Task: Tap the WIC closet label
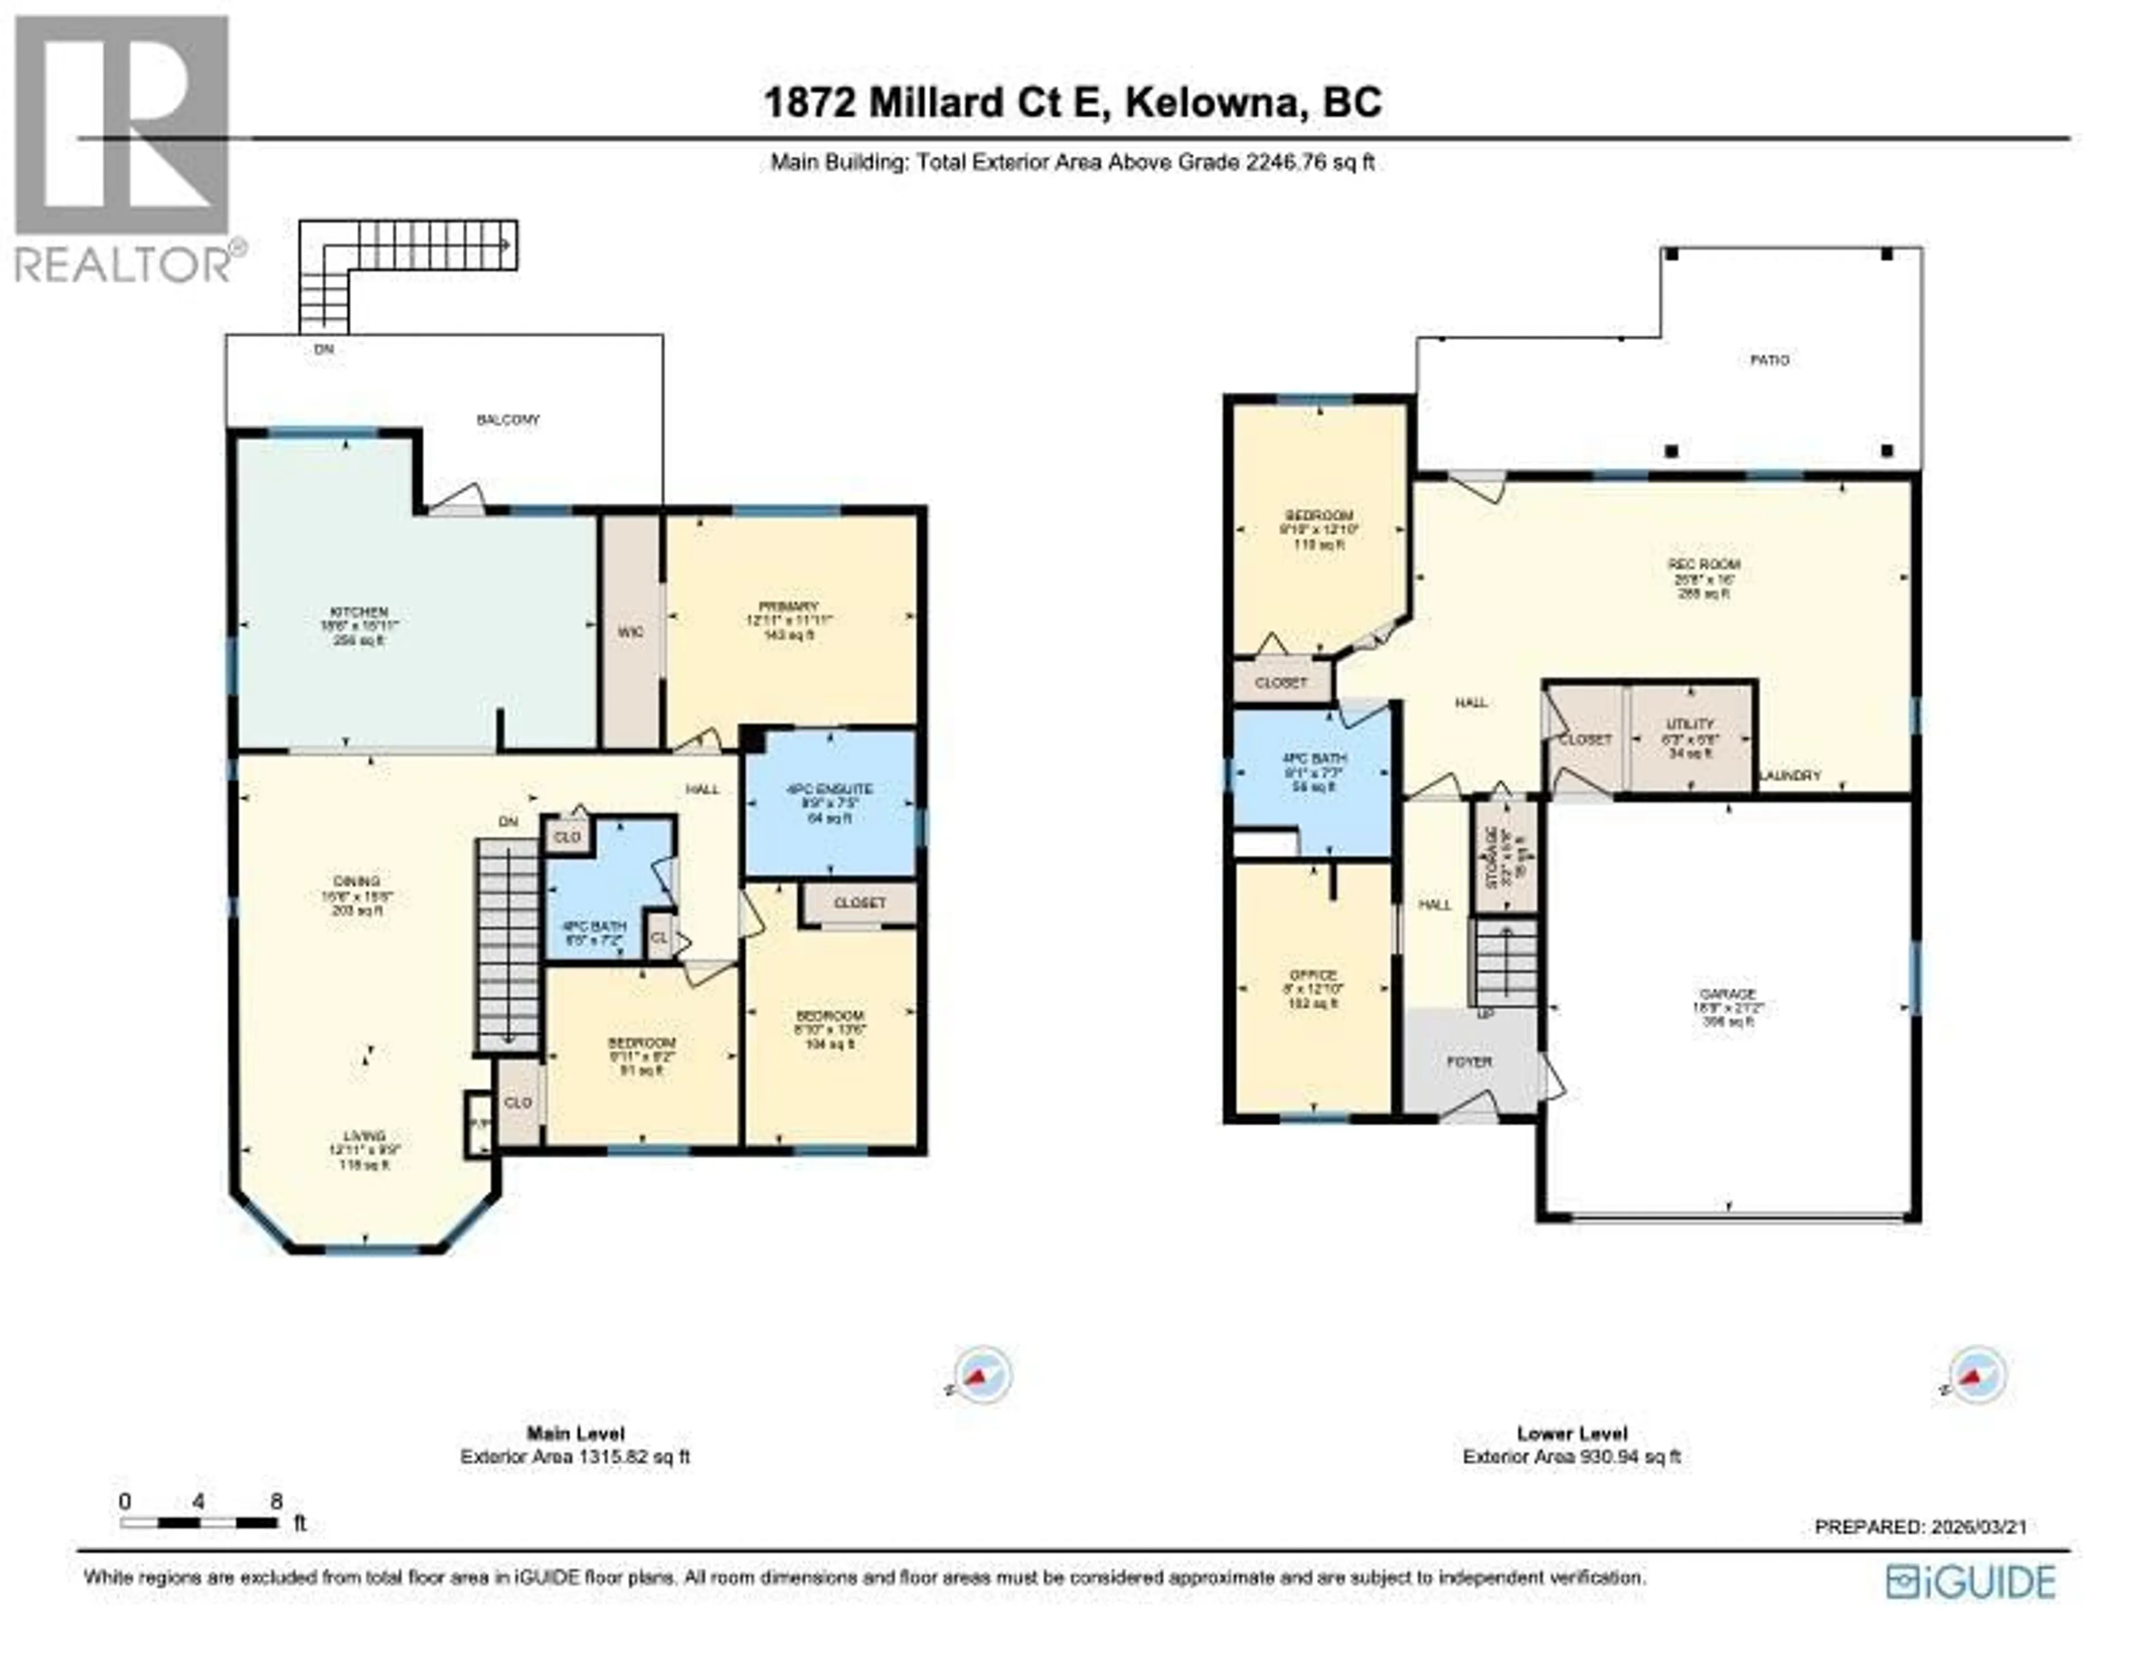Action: tap(630, 632)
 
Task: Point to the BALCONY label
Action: tap(508, 420)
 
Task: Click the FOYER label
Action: tap(1470, 1061)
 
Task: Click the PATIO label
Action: tap(1770, 360)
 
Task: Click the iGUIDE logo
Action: tap(1970, 1583)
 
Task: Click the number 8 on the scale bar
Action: tap(276, 1501)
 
